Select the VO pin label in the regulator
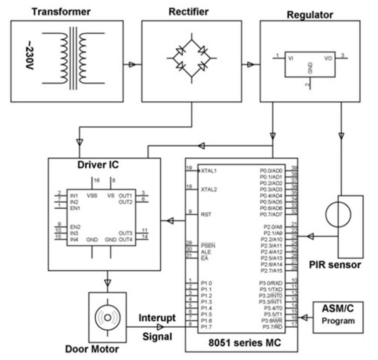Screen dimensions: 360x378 [329, 58]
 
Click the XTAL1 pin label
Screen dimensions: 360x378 [209, 170]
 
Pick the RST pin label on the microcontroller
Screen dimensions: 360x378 [205, 214]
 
